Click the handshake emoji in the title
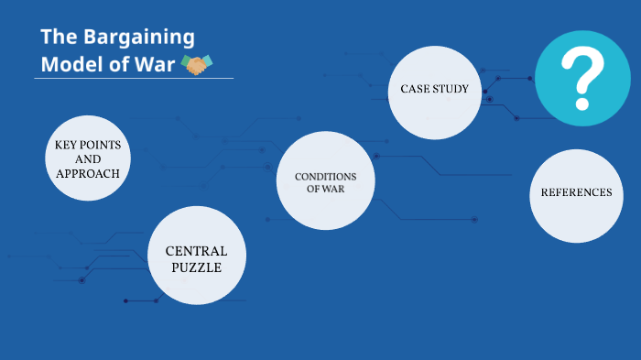coord(198,64)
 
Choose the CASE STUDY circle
coord(435,90)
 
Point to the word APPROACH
coord(88,173)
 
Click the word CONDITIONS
coord(325,176)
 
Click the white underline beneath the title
coord(134,79)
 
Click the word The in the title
coord(58,38)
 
